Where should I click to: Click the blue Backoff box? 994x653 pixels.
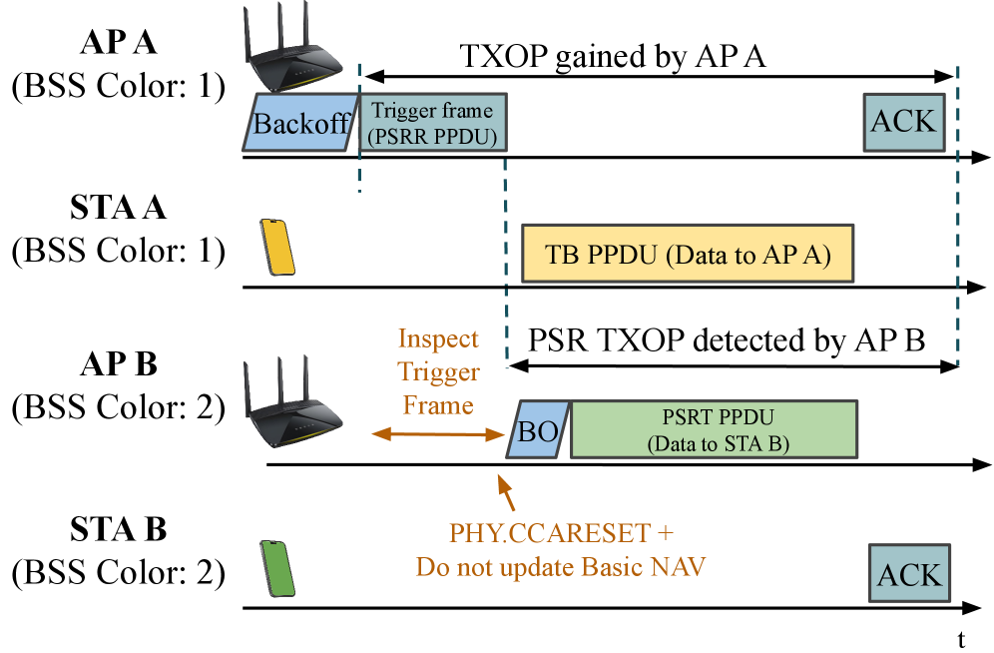point(299,123)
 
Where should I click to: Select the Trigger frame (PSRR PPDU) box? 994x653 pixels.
point(432,123)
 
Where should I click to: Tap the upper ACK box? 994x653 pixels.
point(904,122)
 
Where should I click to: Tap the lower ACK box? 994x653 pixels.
point(909,573)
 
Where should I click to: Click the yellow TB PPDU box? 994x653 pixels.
point(689,254)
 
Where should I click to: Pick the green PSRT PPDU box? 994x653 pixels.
point(714,429)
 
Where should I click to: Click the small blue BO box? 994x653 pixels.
point(538,430)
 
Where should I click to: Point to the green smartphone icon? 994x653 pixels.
point(277,568)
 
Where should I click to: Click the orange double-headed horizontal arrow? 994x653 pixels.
point(439,433)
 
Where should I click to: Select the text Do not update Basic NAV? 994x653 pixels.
point(561,567)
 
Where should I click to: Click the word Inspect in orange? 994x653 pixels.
point(438,339)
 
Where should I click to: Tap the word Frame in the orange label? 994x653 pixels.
point(439,405)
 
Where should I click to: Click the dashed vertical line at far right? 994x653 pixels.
point(958,220)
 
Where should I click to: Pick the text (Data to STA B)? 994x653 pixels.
point(718,443)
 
